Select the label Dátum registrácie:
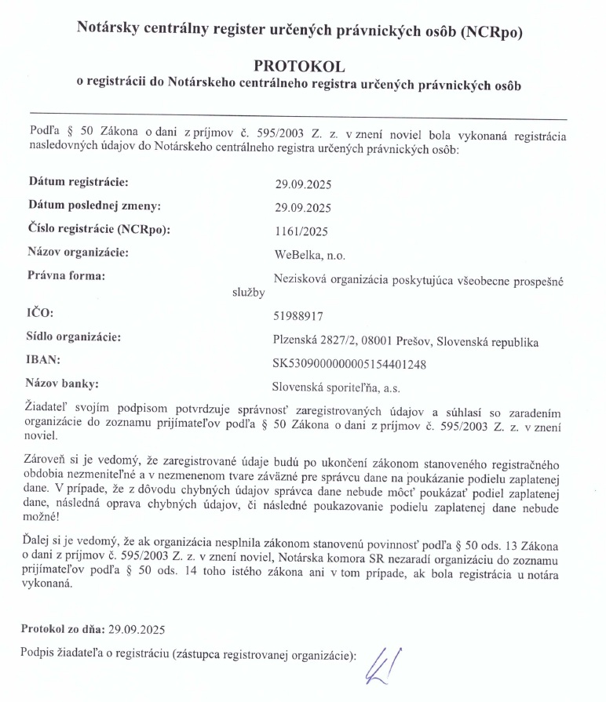point(78,182)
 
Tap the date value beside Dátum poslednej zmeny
point(303,208)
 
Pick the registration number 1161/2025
point(301,231)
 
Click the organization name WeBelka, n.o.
point(309,254)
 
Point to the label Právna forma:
point(66,276)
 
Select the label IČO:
point(40,314)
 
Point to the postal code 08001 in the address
point(367,341)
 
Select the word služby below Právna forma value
point(248,292)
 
